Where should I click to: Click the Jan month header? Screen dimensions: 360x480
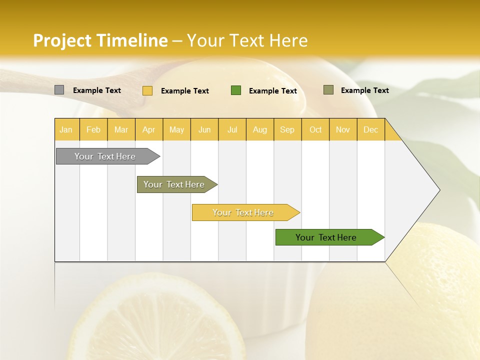pyautogui.click(x=66, y=129)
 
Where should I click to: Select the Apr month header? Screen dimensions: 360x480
pyautogui.click(x=148, y=129)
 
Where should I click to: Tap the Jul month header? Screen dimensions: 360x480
pyautogui.click(x=232, y=129)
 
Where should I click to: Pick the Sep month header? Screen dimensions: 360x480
pyautogui.click(x=287, y=129)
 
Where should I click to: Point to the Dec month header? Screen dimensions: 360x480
pyautogui.click(x=370, y=129)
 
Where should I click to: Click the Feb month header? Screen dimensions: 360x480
pyautogui.click(x=93, y=129)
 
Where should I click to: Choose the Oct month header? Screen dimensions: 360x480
pyautogui.click(x=315, y=129)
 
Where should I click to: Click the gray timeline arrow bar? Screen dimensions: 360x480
pyautogui.click(x=105, y=156)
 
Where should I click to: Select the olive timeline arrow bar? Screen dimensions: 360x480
pyautogui.click(x=174, y=184)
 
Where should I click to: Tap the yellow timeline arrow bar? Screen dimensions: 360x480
pyautogui.click(x=243, y=212)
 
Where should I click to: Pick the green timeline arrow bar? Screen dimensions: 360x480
pyautogui.click(x=326, y=237)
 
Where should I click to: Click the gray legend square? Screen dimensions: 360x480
pyautogui.click(x=59, y=90)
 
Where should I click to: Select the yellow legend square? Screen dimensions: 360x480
pyautogui.click(x=147, y=90)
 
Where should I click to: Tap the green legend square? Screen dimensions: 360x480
pyautogui.click(x=236, y=90)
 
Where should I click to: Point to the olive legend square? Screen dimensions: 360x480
pyautogui.click(x=328, y=90)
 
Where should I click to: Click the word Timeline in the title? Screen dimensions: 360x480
pyautogui.click(x=132, y=40)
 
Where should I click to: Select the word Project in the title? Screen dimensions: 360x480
pyautogui.click(x=62, y=40)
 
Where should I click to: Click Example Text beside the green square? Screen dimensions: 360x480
pyautogui.click(x=273, y=91)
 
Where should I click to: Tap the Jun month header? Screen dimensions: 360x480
pyautogui.click(x=204, y=129)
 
